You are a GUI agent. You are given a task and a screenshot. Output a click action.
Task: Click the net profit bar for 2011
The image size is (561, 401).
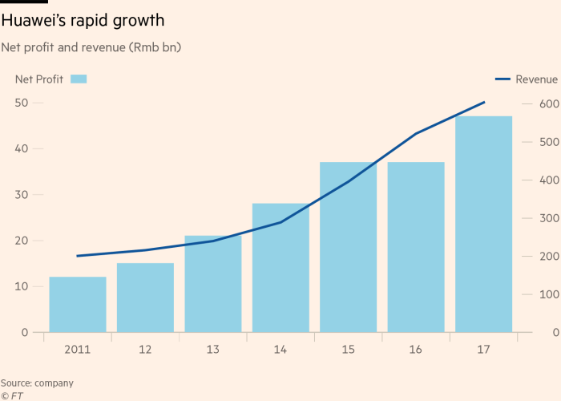pos(78,305)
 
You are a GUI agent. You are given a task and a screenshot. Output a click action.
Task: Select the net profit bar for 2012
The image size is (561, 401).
pos(145,298)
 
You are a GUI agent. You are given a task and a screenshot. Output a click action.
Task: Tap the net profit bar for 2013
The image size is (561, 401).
pos(213,284)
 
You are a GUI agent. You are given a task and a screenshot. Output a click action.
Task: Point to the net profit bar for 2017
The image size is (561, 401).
pos(483,225)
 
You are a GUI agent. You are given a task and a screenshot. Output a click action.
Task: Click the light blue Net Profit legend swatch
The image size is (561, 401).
pos(79,79)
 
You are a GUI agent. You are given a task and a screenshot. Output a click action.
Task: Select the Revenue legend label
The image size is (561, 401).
pos(536,79)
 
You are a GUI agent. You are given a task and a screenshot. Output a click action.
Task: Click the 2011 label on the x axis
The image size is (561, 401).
pos(78,350)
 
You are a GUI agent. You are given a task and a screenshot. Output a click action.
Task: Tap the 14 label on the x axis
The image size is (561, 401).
pos(280,350)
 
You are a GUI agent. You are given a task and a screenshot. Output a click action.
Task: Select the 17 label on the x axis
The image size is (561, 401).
pos(483,350)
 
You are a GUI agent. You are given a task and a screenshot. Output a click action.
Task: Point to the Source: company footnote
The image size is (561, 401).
pos(37,383)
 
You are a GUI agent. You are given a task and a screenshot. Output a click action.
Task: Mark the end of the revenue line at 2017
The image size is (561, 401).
pos(484,103)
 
